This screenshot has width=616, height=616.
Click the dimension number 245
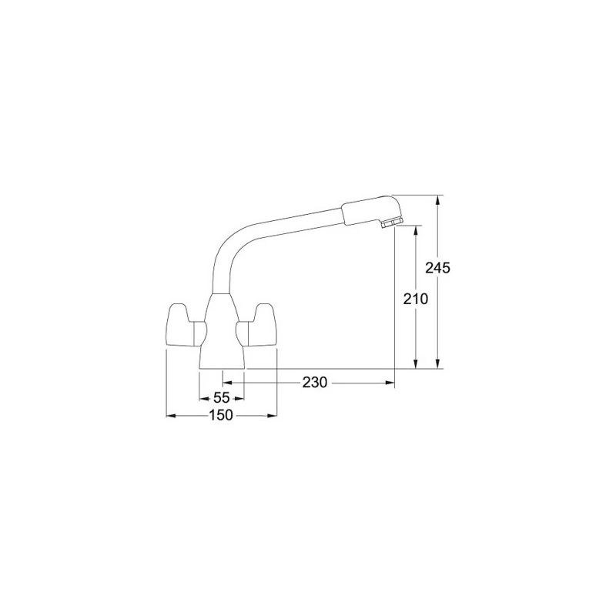pos(438,268)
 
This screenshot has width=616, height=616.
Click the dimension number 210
pos(416,300)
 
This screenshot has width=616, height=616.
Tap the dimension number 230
pos(315,382)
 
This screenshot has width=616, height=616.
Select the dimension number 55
pos(221,398)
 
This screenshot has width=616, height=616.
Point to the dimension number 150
pos(221,415)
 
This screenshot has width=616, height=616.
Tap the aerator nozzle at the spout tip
pos(391,224)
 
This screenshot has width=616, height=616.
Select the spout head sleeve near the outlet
pos(371,210)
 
